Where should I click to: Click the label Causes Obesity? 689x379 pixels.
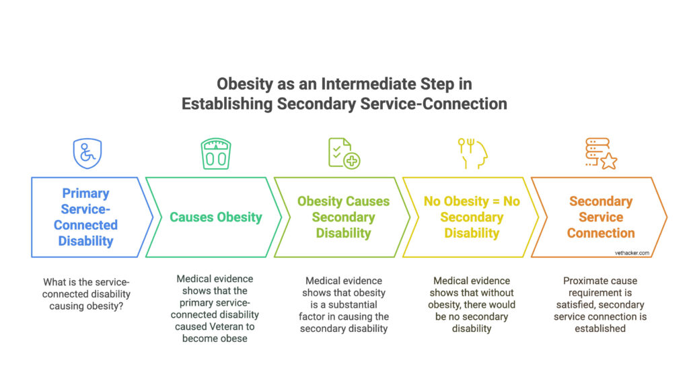click(215, 217)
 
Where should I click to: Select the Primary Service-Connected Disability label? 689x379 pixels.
click(86, 217)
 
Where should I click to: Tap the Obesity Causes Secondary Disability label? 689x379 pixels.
click(343, 217)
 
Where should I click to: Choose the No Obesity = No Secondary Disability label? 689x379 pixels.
click(472, 217)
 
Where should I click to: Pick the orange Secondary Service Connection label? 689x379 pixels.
click(600, 217)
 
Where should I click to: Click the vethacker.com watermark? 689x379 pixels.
click(630, 253)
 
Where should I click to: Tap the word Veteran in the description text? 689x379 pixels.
click(235, 326)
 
